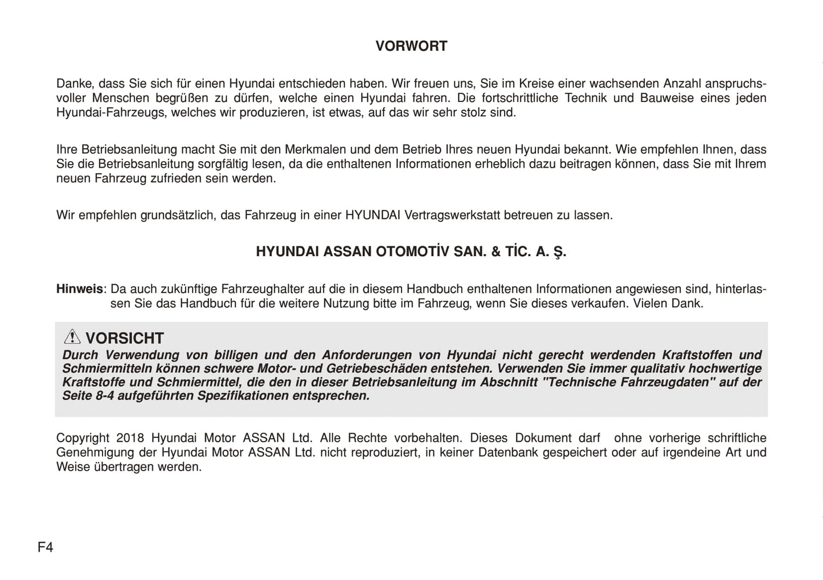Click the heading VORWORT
pyautogui.click(x=411, y=46)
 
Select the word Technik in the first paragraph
pyautogui.click(x=586, y=98)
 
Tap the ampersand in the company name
pyautogui.click(x=496, y=252)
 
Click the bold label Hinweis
pyautogui.click(x=80, y=289)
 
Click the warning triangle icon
pyautogui.click(x=72, y=337)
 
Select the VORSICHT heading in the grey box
pyautogui.click(x=125, y=338)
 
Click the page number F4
pyautogui.click(x=46, y=548)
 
